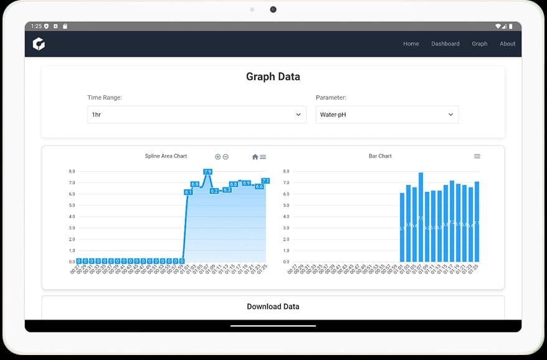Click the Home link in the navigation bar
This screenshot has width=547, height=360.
(411, 44)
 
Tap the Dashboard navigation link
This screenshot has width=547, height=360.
(445, 44)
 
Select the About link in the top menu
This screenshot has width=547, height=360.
(507, 44)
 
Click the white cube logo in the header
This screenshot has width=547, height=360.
(39, 44)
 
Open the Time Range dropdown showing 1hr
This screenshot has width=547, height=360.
(196, 115)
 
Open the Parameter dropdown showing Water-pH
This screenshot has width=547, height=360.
(387, 115)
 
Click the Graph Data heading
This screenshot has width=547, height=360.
(273, 77)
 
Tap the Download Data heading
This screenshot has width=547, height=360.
(273, 306)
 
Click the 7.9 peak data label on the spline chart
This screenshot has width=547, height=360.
(207, 172)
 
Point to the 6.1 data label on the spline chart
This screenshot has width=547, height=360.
(188, 192)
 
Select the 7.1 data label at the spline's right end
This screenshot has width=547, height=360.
(265, 181)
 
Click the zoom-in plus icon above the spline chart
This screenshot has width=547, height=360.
(217, 157)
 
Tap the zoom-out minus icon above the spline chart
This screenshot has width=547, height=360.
(226, 157)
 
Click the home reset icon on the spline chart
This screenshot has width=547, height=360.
(255, 157)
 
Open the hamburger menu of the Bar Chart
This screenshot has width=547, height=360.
(477, 156)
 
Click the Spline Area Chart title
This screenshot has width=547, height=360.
(166, 156)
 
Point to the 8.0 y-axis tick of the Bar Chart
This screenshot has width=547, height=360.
(287, 171)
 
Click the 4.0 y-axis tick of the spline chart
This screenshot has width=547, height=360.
(72, 217)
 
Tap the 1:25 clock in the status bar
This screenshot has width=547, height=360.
(36, 26)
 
